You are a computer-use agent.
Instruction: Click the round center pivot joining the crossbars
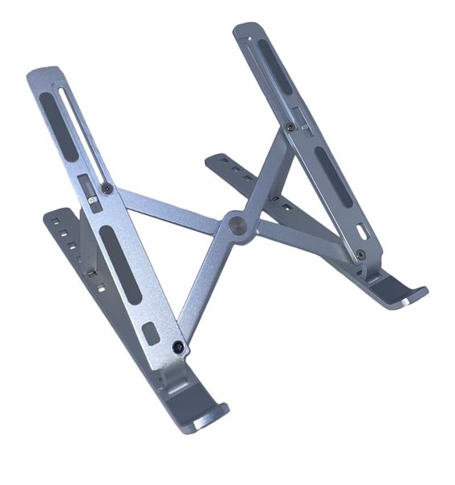(x=238, y=224)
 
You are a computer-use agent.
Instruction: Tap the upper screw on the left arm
(x=106, y=188)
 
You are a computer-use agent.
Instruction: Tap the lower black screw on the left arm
(x=178, y=347)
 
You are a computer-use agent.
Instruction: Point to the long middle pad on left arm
(x=120, y=264)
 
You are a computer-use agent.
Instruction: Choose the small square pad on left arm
(x=151, y=331)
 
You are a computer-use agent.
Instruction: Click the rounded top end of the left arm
(x=45, y=75)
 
